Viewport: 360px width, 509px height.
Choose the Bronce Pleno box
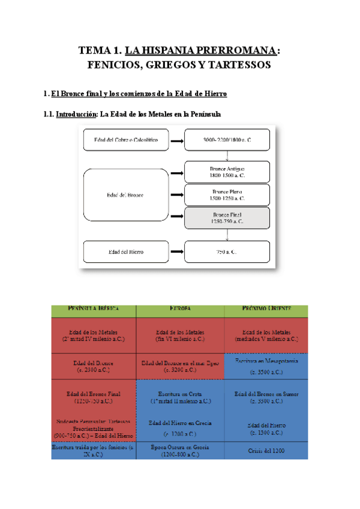[227, 195]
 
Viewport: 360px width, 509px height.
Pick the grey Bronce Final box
[227, 218]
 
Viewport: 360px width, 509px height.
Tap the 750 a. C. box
[227, 251]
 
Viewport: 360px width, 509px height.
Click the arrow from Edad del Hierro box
[176, 251]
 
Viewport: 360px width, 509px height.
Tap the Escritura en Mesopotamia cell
[267, 366]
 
